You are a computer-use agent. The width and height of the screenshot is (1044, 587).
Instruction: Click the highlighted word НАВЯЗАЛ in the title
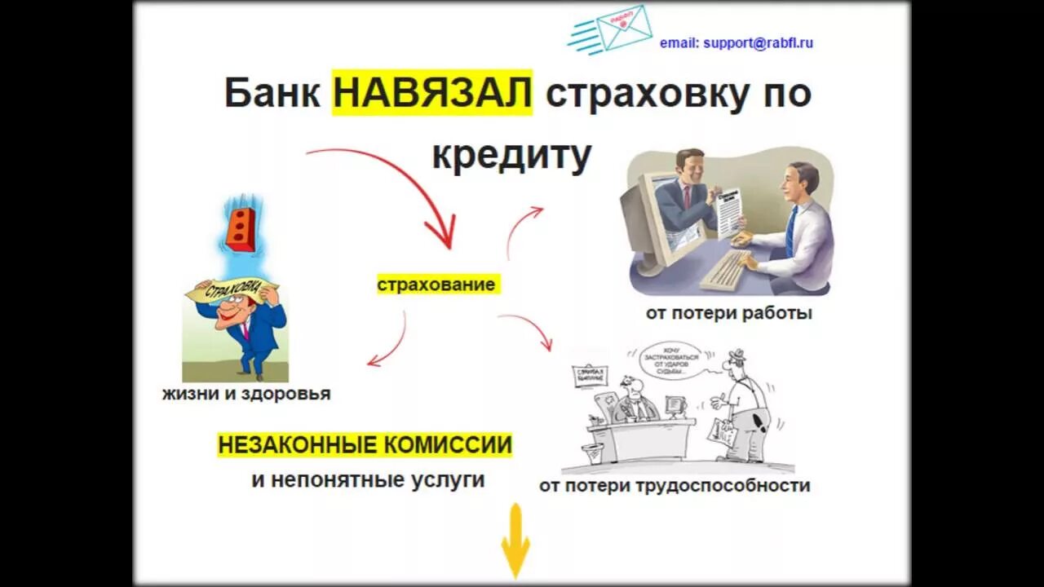[432, 93]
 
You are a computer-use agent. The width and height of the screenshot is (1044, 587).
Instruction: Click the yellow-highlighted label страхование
[436, 285]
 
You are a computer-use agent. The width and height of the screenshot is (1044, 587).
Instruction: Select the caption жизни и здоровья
[246, 394]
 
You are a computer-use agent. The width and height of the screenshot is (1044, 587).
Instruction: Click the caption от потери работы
[728, 313]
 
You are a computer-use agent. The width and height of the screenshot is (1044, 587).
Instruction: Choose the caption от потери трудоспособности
[675, 486]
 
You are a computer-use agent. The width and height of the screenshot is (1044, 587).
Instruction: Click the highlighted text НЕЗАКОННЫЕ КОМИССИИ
[365, 445]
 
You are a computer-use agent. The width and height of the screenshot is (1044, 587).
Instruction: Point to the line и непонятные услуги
[368, 479]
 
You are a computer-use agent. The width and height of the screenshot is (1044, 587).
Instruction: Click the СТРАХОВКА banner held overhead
[233, 289]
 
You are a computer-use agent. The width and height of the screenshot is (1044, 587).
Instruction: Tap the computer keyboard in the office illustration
[725, 268]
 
